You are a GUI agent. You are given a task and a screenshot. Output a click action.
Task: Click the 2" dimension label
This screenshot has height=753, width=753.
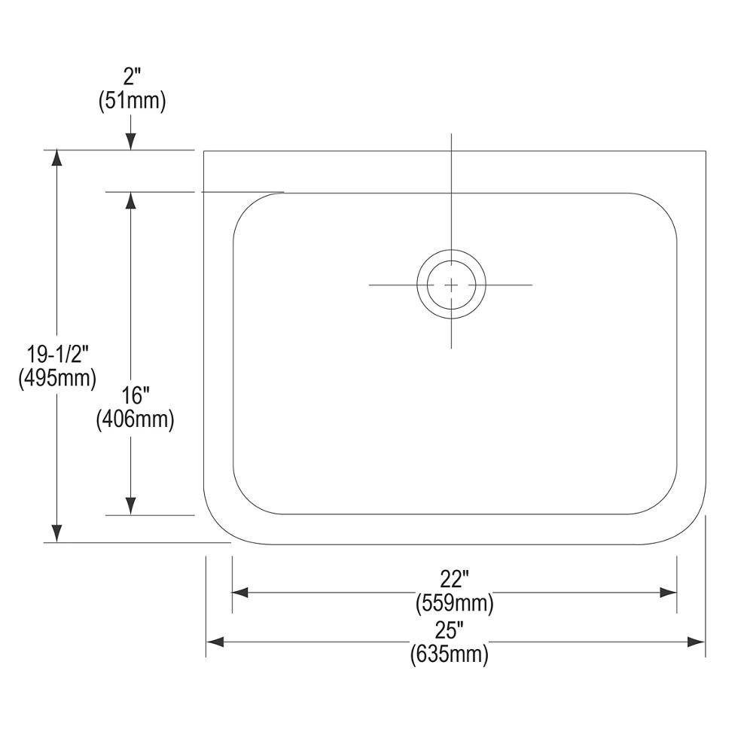pos(132,77)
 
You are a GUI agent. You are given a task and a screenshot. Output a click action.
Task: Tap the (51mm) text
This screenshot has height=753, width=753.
pos(132,101)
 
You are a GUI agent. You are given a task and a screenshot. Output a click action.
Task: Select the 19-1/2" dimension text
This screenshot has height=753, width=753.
pos(58,355)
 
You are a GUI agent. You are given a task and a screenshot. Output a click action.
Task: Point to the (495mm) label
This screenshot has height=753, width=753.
pos(58,378)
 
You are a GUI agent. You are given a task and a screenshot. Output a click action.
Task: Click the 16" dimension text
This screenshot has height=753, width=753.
pos(135,396)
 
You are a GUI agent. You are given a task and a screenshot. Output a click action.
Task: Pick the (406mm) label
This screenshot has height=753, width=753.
pos(135,419)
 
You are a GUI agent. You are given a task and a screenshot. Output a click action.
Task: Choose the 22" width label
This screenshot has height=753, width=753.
pos(454,579)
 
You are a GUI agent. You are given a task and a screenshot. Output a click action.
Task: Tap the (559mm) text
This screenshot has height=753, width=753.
pos(454,602)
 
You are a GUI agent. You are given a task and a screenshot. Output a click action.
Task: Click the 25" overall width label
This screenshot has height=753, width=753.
pos(450,630)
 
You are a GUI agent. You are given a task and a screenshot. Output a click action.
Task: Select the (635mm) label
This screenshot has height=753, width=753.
pos(450,654)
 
